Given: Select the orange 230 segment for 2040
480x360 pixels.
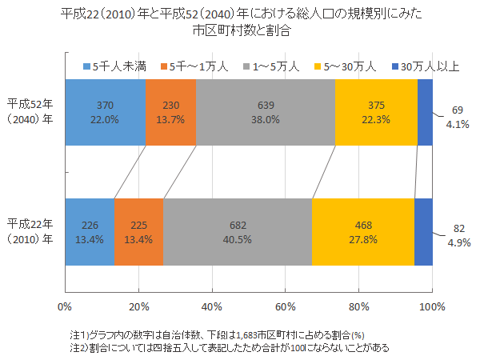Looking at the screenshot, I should [171, 113].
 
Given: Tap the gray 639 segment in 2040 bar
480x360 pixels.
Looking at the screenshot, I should [266, 113].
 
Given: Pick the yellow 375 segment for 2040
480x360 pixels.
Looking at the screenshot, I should [376, 113].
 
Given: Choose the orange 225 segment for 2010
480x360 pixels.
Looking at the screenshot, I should [138, 231].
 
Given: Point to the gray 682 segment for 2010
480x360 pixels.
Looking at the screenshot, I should [238, 231].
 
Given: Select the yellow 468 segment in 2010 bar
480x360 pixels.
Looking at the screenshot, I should [362, 231].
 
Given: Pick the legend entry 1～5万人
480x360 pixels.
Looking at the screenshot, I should [275, 66].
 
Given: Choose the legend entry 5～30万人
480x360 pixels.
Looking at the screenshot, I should [353, 66].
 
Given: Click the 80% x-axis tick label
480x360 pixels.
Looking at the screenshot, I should [359, 306].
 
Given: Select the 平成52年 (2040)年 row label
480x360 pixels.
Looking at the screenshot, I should [30, 113].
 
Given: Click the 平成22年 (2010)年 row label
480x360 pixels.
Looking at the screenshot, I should [30, 231].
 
